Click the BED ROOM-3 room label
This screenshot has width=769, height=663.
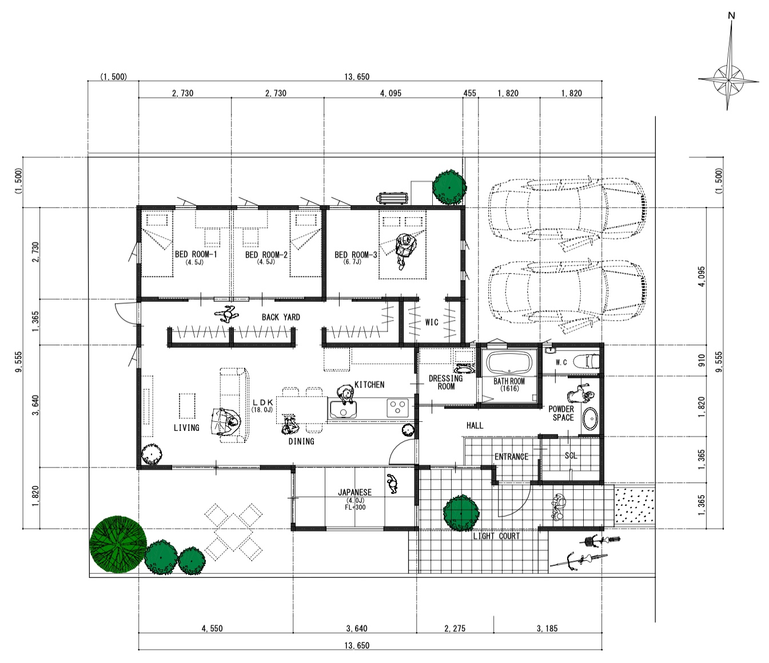pos(356,255)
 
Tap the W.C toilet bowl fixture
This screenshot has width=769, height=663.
pos(587,361)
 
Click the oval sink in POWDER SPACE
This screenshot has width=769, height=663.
pos(589,419)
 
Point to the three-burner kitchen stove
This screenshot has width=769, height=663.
pos(398,408)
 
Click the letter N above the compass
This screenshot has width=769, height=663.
pos(731,15)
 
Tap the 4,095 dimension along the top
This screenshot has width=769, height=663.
pos(391,93)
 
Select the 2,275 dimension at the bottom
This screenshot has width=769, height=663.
pos(455,628)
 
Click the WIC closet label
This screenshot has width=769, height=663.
pos(432,322)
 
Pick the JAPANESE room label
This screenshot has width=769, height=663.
pos(354,492)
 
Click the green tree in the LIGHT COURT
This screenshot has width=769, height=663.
pos(461,513)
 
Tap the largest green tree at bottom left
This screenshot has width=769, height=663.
pos(118,544)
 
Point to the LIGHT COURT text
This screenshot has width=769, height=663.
pos(496,536)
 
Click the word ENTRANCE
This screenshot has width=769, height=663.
pos(511,457)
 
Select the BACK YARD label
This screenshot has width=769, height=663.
pos(281,317)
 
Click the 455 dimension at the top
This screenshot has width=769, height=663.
pos(469,93)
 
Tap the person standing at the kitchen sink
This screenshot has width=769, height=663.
pos(346,394)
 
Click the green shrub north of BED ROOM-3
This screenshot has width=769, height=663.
pos(449,187)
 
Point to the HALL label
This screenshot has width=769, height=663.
pos(475,425)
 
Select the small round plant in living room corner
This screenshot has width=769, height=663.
pos(152,454)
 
